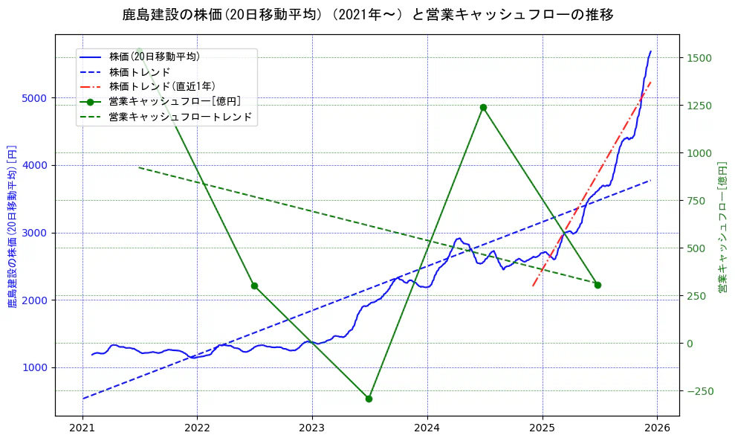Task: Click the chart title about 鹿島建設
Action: click(367, 15)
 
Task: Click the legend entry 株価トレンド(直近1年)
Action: click(163, 86)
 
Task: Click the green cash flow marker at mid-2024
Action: click(483, 107)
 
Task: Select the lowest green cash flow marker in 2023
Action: click(369, 399)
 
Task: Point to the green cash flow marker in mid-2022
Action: click(254, 286)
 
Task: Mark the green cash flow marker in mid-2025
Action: click(598, 285)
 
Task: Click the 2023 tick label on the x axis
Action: click(312, 429)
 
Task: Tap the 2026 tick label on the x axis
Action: click(657, 429)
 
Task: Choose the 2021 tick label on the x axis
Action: click(82, 429)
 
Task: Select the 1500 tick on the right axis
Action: click(700, 58)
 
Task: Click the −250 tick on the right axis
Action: click(700, 391)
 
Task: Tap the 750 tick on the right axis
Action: click(700, 201)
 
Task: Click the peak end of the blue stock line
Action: click(650, 51)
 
